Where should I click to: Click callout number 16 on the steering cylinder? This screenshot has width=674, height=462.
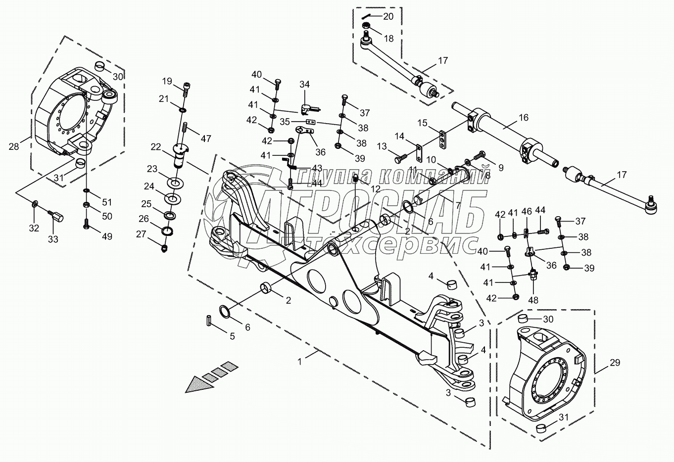524,118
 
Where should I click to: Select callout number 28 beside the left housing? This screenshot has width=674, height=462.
14,146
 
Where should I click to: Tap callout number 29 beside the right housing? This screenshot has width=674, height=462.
615,363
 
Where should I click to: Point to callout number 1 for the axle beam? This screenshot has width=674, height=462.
299,362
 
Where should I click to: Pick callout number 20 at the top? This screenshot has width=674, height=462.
388,16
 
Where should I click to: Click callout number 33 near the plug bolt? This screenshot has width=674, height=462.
53,239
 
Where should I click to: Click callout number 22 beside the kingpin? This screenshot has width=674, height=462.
156,147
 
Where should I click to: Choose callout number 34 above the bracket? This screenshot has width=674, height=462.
304,85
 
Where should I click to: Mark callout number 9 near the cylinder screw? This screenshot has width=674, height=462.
501,168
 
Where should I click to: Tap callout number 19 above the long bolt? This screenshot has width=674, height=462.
167,81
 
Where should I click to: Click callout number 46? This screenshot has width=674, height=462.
528,211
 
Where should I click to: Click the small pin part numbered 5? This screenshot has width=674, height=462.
209,320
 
